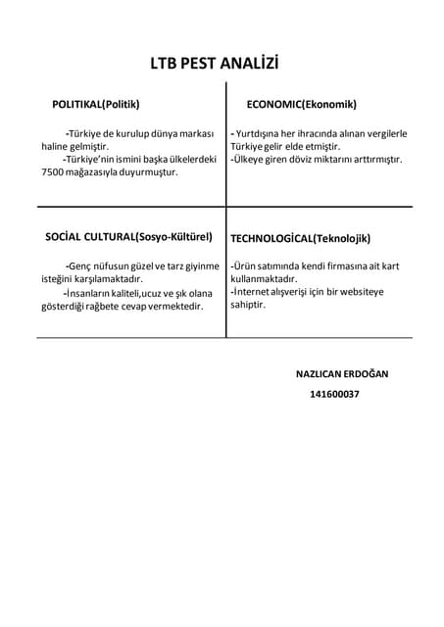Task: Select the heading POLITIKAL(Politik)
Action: tap(95, 104)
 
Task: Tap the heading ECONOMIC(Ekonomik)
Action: tap(301, 104)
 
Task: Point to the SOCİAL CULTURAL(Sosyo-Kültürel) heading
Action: tap(129, 237)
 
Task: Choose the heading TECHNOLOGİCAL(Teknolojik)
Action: tap(300, 238)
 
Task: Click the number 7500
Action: tap(53, 171)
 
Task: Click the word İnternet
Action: tap(254, 292)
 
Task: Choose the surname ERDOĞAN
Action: tap(364, 374)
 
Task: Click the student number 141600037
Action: tap(334, 394)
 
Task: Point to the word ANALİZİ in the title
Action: tap(248, 64)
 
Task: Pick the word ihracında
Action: tap(337, 133)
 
